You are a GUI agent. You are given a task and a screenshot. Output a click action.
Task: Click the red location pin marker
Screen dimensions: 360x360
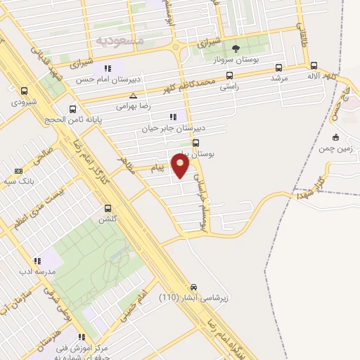coord(181,167)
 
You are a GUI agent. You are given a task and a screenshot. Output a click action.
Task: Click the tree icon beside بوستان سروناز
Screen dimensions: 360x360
coord(236,49)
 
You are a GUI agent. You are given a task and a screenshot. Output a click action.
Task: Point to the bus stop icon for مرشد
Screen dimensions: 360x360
coord(279,67)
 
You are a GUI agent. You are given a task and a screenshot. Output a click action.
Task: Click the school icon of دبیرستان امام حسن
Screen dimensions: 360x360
coord(108,68)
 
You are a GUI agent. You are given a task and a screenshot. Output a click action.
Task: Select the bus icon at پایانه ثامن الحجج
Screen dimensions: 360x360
coord(72,109)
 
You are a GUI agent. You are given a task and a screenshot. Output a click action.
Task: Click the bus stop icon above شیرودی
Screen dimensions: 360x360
coord(25,91)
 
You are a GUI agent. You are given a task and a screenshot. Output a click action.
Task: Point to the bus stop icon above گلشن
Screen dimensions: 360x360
coord(108,208)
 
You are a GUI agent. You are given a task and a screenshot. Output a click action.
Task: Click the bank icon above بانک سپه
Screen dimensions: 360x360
coord(18,171)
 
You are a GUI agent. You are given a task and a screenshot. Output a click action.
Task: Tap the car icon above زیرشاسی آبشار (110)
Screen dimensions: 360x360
coord(194,287)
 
